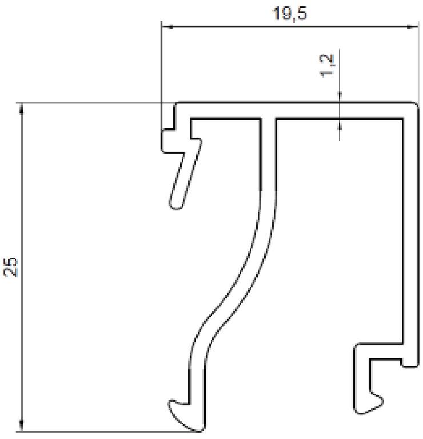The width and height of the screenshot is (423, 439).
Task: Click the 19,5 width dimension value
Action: coord(290,13)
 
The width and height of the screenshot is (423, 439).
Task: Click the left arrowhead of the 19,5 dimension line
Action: coord(166,26)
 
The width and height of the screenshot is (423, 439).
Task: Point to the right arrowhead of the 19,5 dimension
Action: coord(409,26)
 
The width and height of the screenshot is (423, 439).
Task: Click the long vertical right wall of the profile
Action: coord(409,229)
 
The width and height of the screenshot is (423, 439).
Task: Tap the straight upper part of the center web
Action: coord(268,154)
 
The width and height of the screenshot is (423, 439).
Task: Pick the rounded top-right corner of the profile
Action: coord(413,107)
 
